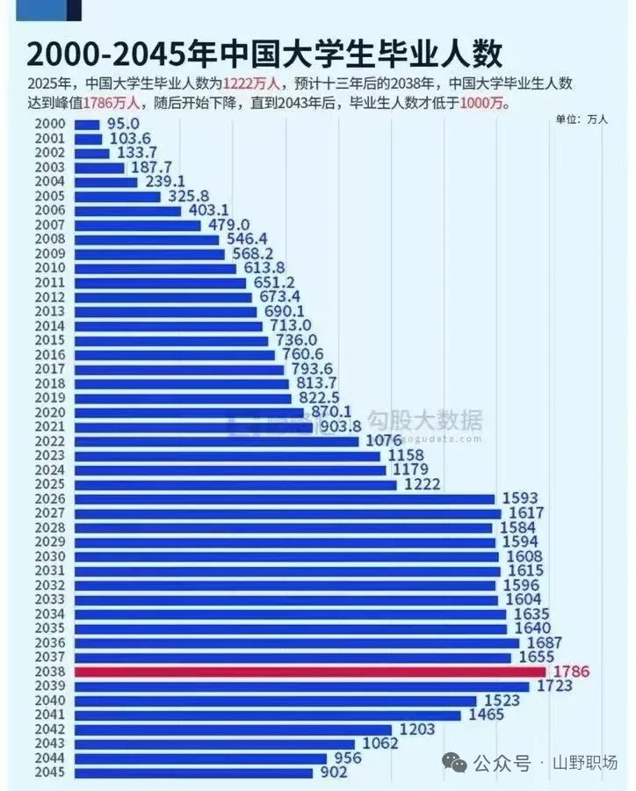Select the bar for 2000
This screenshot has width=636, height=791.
coord(87,125)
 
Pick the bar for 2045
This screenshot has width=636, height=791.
coord(193,773)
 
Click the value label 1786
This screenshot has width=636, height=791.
coord(571,671)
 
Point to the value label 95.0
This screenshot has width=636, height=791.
coord(124,125)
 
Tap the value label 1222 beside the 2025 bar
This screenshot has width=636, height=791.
coord(423,484)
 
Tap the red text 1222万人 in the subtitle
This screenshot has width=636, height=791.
coord(252,84)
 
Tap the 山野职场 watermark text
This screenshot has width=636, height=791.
coord(585,763)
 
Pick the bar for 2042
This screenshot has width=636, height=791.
coord(233,729)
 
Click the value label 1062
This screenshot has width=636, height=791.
coord(379,744)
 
